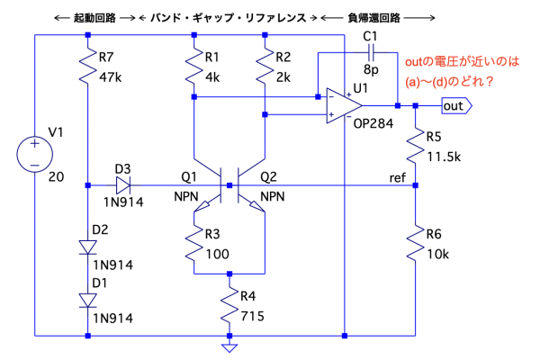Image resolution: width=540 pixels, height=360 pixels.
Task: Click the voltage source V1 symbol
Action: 33,154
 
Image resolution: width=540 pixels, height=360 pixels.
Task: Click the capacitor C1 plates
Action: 368,54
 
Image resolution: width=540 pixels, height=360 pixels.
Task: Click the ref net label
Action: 397,175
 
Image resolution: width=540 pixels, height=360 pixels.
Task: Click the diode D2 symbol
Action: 88,247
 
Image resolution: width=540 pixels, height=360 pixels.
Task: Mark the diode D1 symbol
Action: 88,300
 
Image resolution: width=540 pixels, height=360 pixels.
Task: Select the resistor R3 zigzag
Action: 194,240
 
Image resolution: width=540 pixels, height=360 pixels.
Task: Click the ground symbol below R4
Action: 231,346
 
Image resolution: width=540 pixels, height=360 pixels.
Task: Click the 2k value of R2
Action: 283,78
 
